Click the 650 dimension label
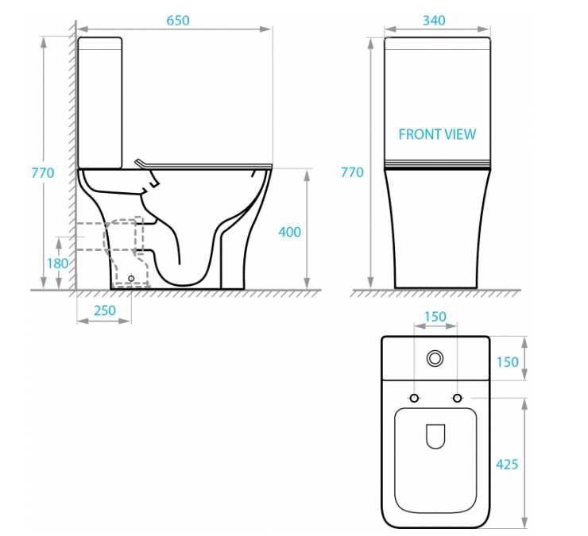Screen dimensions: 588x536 (x=178, y=21)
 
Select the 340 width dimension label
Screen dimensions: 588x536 (x=434, y=21)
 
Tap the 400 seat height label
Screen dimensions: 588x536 (x=289, y=233)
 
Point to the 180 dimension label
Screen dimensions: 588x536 (x=57, y=264)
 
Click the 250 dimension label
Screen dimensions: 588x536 (x=105, y=310)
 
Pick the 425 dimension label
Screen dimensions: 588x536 (x=507, y=465)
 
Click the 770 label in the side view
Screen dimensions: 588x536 (x=43, y=173)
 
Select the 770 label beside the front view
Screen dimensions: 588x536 (x=352, y=172)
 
